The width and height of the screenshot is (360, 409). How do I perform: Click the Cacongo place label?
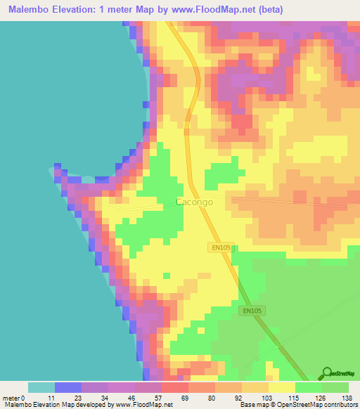(x=191, y=203)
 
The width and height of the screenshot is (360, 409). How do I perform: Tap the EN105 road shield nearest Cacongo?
(x=221, y=247)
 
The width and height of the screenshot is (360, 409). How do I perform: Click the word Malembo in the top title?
(x=31, y=10)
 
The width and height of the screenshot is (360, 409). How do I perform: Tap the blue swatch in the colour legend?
(x=68, y=387)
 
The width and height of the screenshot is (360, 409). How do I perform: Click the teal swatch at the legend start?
(x=41, y=387)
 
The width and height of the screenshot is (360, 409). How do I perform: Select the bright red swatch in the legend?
(x=175, y=387)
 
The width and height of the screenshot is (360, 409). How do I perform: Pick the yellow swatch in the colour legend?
(x=282, y=387)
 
